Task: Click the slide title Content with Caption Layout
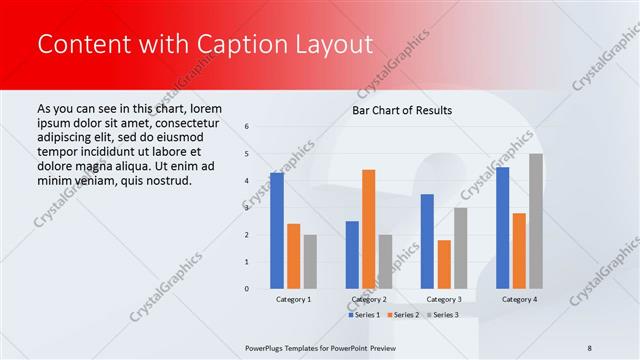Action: (x=205, y=44)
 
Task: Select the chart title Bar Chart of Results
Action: (x=401, y=110)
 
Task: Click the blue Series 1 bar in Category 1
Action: (x=276, y=231)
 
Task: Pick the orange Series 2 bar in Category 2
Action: (x=368, y=229)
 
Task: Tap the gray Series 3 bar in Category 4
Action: (x=536, y=221)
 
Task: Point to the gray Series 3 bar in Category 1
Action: (x=310, y=262)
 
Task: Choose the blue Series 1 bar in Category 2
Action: (x=352, y=255)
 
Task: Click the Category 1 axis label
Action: (x=293, y=299)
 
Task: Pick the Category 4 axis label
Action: (x=519, y=299)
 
